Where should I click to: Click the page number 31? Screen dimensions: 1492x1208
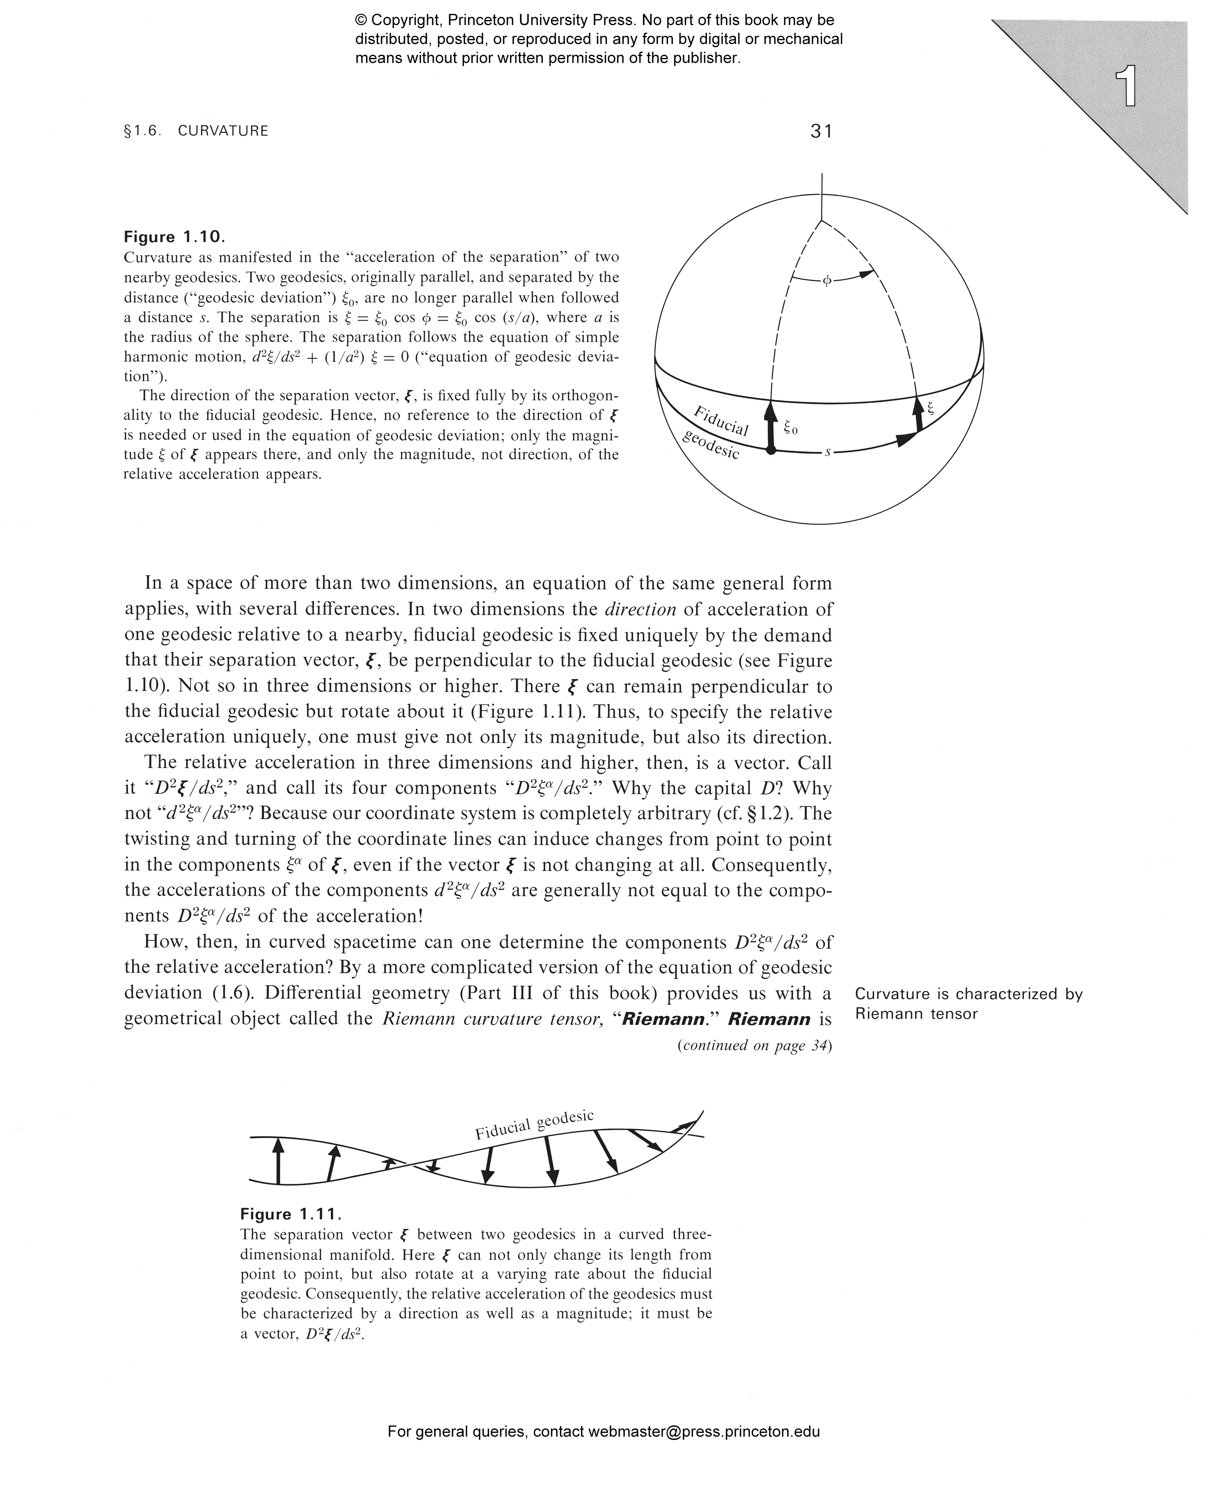tap(821, 131)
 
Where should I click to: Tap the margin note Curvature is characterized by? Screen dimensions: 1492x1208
tap(969, 994)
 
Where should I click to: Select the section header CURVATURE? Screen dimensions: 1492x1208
tap(223, 131)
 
